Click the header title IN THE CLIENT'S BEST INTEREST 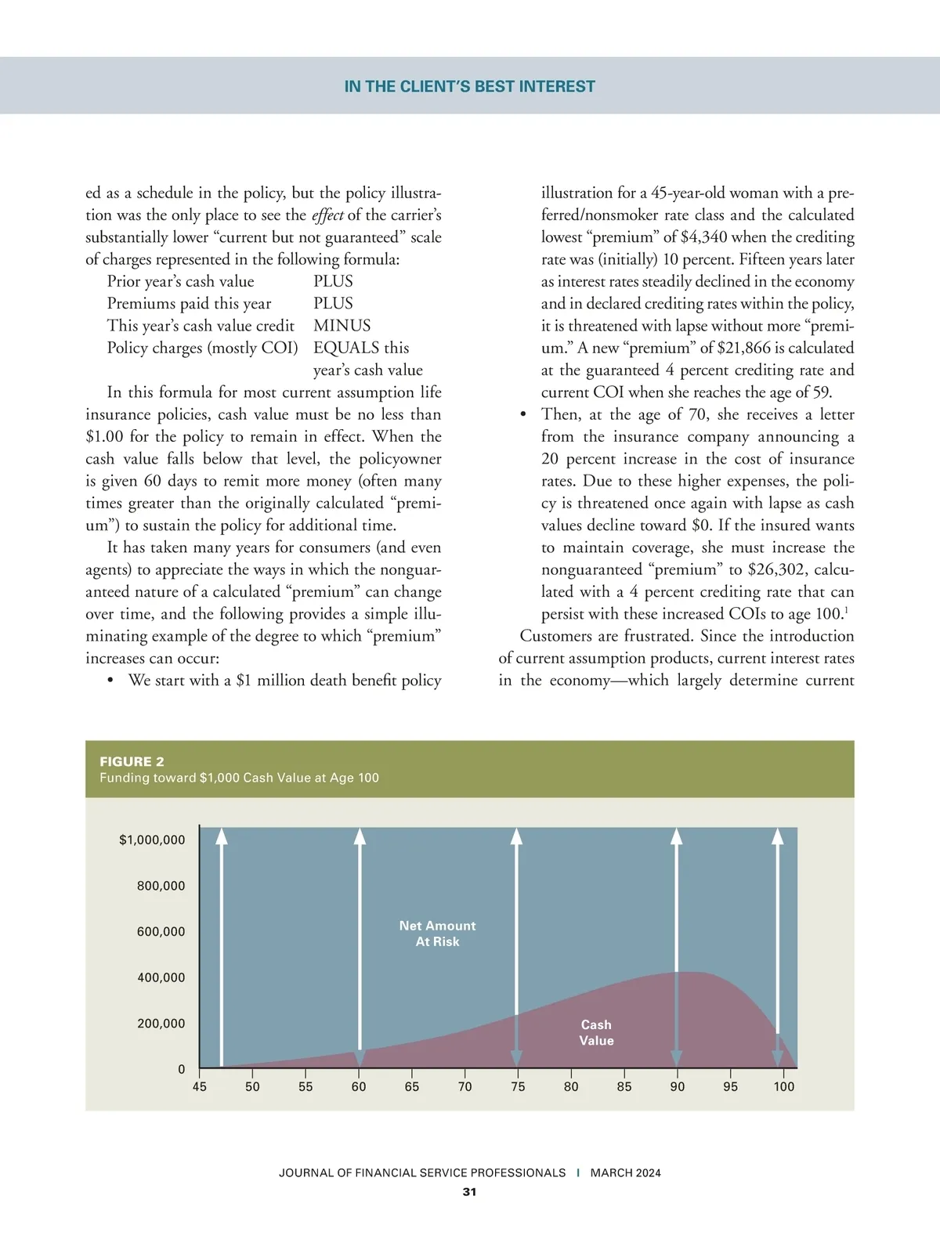[x=469, y=86]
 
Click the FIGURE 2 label [x=132, y=761]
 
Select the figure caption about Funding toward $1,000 [x=239, y=778]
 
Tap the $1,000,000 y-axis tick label [x=152, y=840]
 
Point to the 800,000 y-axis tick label [x=161, y=886]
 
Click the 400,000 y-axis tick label [x=161, y=977]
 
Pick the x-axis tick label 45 [x=200, y=1086]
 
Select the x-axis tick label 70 [x=465, y=1086]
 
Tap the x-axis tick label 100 [x=783, y=1086]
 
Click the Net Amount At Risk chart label [x=437, y=934]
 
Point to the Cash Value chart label [x=596, y=1032]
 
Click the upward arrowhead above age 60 [x=360, y=836]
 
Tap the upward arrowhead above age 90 [x=677, y=836]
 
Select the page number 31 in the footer [x=469, y=1192]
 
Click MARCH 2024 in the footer [x=625, y=1172]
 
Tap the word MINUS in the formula [x=342, y=326]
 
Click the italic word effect [x=327, y=215]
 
